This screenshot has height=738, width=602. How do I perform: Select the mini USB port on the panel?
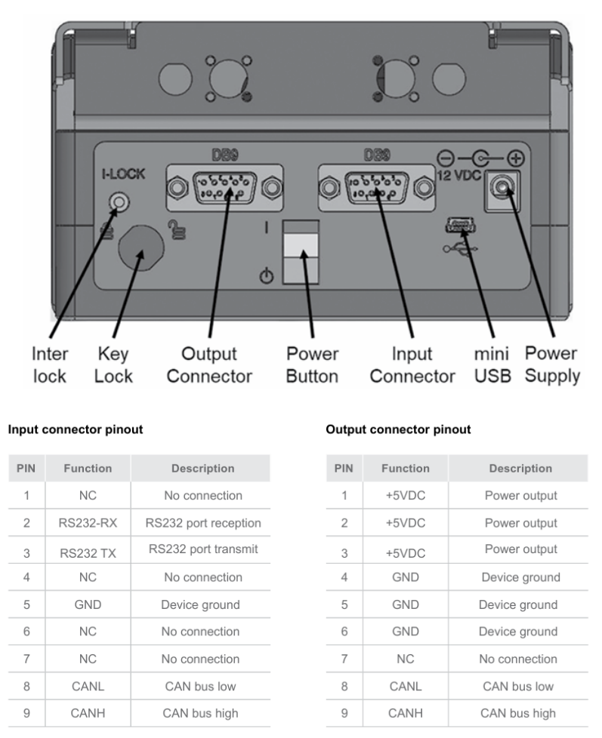459,223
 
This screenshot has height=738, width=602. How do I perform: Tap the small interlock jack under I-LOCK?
118,201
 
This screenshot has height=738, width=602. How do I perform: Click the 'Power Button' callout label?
312,364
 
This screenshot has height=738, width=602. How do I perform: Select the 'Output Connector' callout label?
208,364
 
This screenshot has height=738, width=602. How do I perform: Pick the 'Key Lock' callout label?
114,364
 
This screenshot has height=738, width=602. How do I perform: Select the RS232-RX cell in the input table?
88,523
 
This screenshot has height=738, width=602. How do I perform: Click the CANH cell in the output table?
406,713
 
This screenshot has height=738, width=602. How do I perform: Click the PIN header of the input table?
26,469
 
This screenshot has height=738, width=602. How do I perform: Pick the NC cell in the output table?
406,659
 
